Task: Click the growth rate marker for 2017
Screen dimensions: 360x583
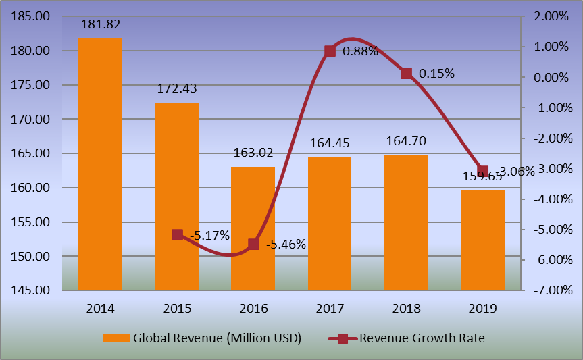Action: point(330,51)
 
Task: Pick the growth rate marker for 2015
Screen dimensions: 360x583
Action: point(177,235)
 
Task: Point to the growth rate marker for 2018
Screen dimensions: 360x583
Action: point(406,74)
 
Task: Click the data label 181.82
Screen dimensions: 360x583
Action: point(100,25)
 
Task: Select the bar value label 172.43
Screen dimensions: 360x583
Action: point(177,88)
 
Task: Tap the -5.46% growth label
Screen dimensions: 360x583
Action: point(285,245)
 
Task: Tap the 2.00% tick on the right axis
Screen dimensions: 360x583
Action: point(551,16)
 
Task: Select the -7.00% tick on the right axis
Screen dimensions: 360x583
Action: point(551,290)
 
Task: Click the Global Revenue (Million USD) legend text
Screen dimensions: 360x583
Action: point(217,338)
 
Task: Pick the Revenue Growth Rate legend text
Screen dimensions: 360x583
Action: point(422,338)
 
